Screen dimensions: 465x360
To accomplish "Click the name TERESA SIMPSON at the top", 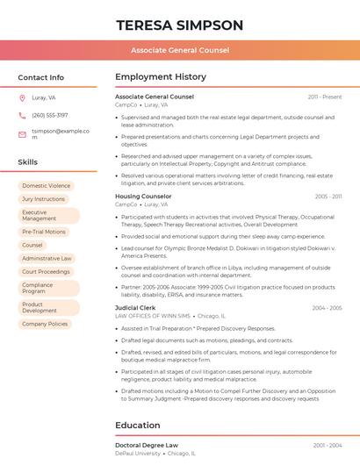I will point(179,24).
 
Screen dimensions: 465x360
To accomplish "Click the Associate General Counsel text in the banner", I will point(180,50).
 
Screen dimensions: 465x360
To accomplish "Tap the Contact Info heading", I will point(40,77).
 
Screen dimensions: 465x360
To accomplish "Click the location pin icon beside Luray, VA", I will point(22,98).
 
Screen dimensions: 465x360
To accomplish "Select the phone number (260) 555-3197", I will point(49,115).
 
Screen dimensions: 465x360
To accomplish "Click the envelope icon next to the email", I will point(22,134).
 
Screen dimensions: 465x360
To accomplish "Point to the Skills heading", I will point(27,162).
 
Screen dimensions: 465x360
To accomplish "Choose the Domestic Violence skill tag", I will point(46,186).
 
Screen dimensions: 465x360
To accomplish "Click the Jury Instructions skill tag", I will point(43,199).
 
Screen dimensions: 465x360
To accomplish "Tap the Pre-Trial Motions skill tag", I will point(43,232).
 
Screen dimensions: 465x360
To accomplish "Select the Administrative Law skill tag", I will point(47,259).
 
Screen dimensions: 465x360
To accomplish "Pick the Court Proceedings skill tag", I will point(46,272).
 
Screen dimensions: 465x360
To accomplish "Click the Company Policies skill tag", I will point(45,324).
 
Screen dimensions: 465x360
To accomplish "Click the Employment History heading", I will point(161,77).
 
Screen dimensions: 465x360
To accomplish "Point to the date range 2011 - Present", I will point(324,97).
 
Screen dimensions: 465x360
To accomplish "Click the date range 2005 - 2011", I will point(328,197).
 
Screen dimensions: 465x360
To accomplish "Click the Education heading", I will point(139,426).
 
